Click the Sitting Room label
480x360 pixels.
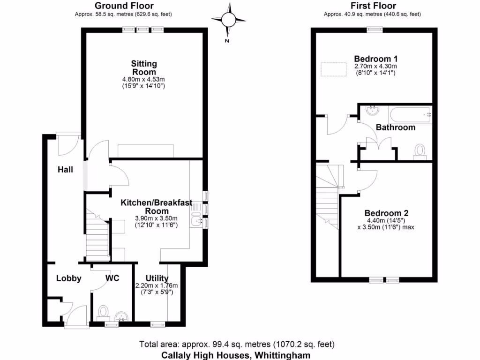click(144, 67)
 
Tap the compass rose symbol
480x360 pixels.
click(228, 19)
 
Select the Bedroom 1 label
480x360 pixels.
click(375, 59)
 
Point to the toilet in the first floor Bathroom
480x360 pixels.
click(420, 151)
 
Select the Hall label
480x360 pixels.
click(65, 169)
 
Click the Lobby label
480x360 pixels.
click(68, 278)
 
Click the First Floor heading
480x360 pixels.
click(373, 6)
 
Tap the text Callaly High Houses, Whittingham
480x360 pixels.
click(236, 355)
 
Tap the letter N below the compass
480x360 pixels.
click(226, 41)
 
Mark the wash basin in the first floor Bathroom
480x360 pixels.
click(372, 111)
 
